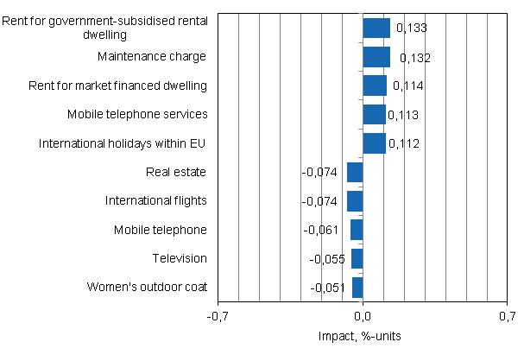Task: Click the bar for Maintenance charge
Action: click(376, 57)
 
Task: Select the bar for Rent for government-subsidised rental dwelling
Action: click(376, 28)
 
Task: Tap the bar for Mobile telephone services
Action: click(374, 115)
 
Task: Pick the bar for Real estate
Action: click(355, 173)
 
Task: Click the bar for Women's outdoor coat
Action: click(357, 288)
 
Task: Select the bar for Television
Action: click(357, 259)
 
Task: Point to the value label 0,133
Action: click(411, 28)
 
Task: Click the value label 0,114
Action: click(407, 86)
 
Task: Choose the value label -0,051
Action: click(328, 288)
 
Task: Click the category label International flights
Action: click(156, 200)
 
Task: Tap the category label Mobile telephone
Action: click(161, 230)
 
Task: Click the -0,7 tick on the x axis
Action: click(218, 317)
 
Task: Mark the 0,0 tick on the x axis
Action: click(363, 317)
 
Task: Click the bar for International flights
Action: click(355, 201)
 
